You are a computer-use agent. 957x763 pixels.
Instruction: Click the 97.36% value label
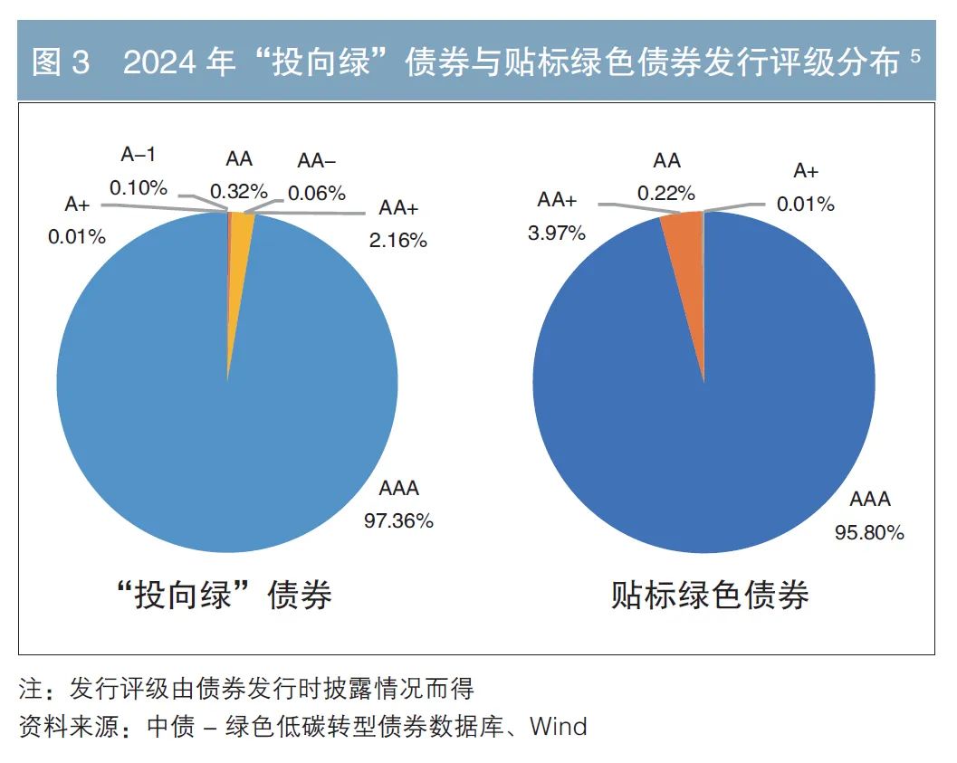click(398, 520)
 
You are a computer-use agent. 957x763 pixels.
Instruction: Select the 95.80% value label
click(869, 532)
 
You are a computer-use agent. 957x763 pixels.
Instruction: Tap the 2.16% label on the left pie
click(398, 240)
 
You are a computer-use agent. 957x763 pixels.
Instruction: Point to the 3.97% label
click(557, 233)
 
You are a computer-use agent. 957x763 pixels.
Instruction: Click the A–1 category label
click(139, 155)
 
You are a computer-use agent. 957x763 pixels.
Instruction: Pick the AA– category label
click(316, 161)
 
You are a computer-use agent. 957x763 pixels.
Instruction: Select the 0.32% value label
click(239, 191)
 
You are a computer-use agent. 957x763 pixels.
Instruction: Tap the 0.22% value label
click(666, 193)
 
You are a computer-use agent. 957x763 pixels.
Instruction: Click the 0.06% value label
click(317, 193)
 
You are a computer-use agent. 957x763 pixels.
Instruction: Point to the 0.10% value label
click(139, 187)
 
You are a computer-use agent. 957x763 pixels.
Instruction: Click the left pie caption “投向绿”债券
click(225, 595)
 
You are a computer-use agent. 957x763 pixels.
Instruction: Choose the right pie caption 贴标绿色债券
click(710, 595)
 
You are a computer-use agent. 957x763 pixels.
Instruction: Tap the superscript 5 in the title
click(915, 56)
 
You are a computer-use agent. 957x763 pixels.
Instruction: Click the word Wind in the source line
click(559, 726)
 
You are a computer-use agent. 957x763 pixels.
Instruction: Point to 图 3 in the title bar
click(60, 62)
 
